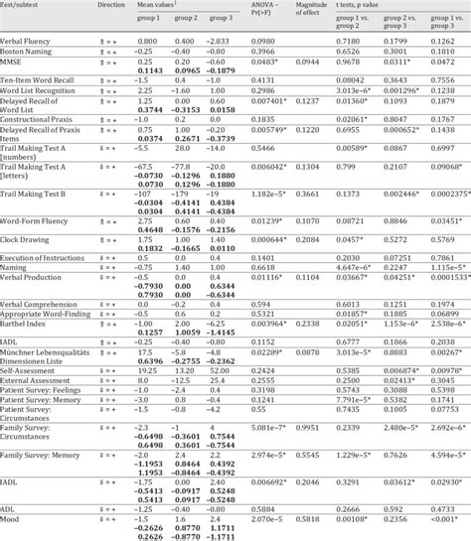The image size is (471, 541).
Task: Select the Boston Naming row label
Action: coord(27,52)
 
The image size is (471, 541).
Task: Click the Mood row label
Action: coord(12,517)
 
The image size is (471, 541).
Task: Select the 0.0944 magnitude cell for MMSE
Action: coord(316,62)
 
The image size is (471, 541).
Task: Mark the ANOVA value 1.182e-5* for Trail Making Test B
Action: coord(263,194)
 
